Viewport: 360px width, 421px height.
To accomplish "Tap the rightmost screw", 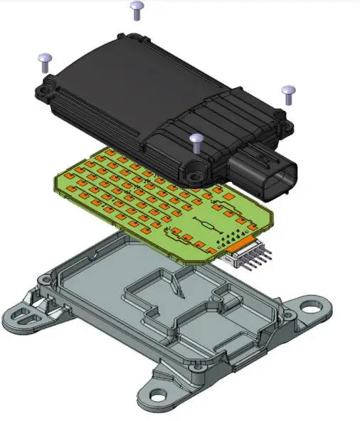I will tap(288, 92).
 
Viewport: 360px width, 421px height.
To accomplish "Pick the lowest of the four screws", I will tap(197, 139).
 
